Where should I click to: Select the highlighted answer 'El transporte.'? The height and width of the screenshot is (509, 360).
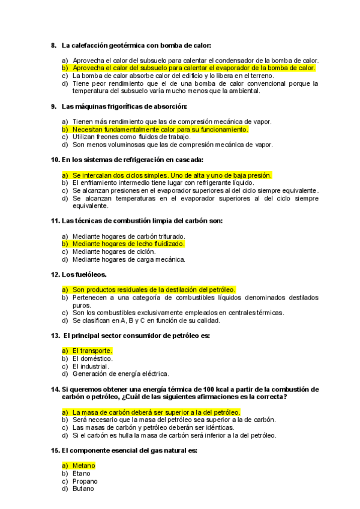[x=92, y=351]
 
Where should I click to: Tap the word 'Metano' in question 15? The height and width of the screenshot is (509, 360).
[x=83, y=466]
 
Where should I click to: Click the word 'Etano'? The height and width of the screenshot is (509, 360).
[x=82, y=474]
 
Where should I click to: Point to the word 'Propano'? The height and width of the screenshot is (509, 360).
[x=85, y=481]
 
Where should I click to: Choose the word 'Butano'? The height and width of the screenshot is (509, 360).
[x=83, y=489]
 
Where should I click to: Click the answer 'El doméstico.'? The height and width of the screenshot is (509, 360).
[x=92, y=358]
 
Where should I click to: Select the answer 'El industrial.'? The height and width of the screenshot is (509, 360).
[x=91, y=366]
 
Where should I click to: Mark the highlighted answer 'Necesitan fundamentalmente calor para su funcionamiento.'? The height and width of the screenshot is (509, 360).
[x=160, y=129]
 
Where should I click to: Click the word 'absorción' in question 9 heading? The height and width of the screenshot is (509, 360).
[x=170, y=106]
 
